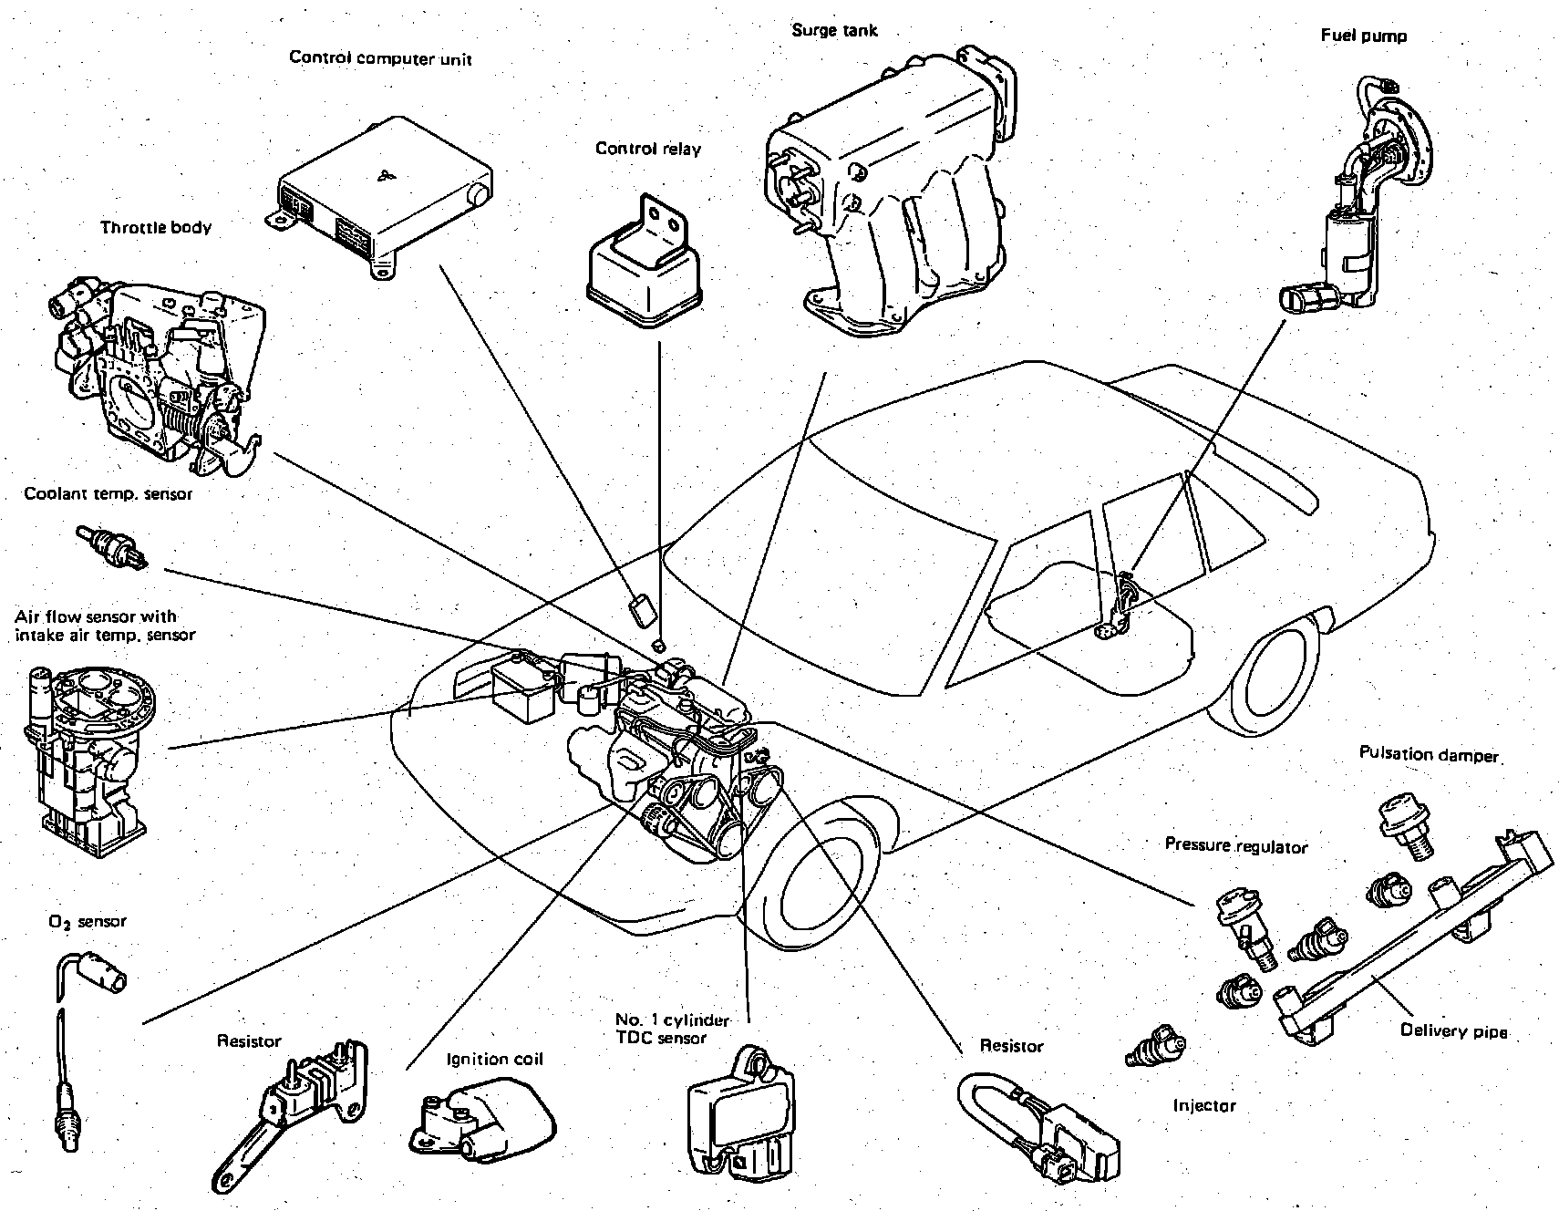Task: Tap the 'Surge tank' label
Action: point(834,30)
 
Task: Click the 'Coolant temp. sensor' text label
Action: point(108,494)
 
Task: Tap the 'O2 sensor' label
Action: point(88,921)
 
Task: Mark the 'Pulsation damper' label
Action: point(1429,754)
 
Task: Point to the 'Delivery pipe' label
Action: point(1453,1031)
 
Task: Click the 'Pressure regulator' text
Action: point(1236,845)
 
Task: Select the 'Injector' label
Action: point(1204,1106)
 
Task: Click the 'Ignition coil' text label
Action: point(494,1059)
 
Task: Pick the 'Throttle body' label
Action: point(156,227)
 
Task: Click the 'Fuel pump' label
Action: point(1364,36)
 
